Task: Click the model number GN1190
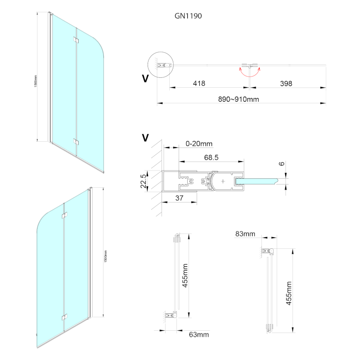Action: coord(188,16)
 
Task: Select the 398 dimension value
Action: coord(286,83)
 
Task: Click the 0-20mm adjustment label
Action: coord(199,144)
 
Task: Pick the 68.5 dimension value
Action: coord(211,158)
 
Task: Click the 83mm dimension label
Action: coord(245,234)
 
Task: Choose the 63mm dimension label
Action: coord(199,335)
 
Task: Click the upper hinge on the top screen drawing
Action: coord(76,42)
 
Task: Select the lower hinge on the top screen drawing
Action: coord(76,143)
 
